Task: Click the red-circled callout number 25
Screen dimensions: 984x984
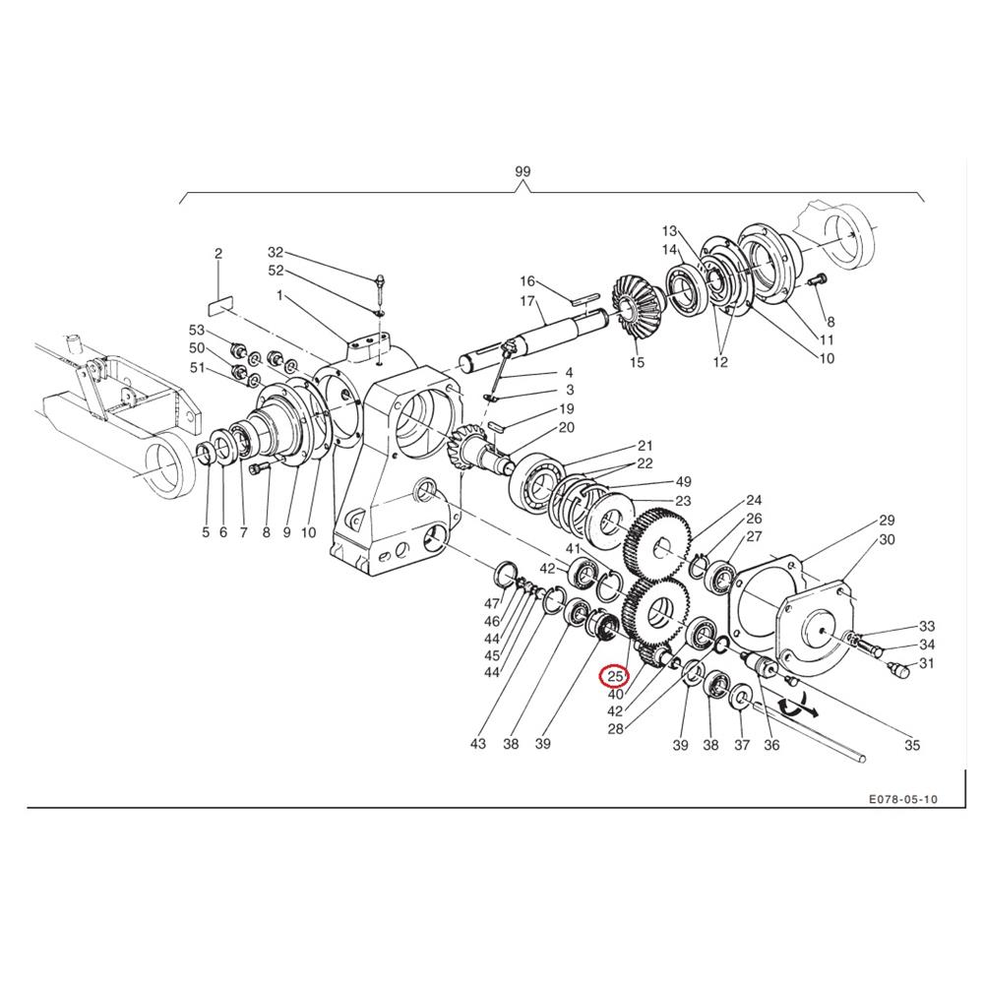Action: (614, 677)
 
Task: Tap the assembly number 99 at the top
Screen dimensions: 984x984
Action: (523, 171)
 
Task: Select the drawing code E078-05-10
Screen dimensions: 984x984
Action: (903, 799)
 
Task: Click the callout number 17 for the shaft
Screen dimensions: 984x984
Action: (527, 301)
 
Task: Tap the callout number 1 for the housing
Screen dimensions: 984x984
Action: (279, 295)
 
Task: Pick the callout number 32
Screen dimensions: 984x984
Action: (276, 252)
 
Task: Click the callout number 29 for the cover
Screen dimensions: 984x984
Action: (887, 520)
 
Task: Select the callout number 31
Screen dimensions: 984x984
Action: (926, 662)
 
